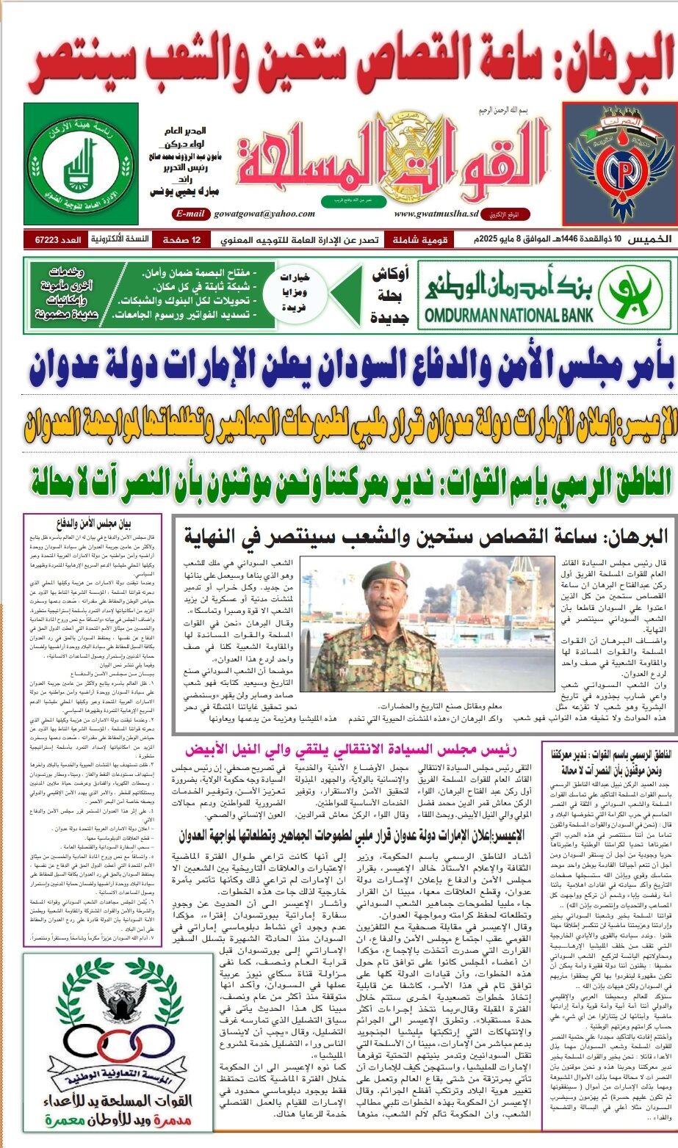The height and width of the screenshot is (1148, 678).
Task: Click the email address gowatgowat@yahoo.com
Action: [x=264, y=214]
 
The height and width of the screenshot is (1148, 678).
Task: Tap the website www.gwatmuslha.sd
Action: [x=436, y=214]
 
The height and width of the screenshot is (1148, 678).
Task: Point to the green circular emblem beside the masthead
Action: [x=79, y=163]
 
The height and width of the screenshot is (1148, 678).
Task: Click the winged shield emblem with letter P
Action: [x=619, y=162]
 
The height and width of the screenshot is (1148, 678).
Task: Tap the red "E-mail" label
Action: [x=190, y=214]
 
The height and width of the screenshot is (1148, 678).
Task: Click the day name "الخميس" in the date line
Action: [x=653, y=239]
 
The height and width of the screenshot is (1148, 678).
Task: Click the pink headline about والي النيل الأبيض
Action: [x=351, y=750]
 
